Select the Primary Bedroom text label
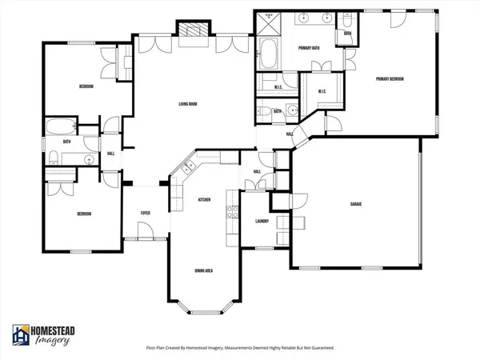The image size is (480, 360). click(390, 79)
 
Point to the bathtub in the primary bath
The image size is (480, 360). click(266, 56)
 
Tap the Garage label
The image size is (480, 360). click(356, 205)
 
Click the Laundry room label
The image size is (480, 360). click(261, 221)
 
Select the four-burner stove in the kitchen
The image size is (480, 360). click(232, 212)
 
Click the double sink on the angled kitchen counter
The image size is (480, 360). click(188, 168)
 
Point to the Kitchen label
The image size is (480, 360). click(204, 199)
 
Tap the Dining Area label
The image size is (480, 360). click(203, 270)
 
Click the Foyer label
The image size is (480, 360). click(146, 213)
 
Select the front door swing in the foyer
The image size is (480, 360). click(145, 231)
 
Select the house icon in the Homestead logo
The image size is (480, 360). click(21, 335)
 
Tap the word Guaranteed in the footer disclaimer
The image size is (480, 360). click(316, 348)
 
